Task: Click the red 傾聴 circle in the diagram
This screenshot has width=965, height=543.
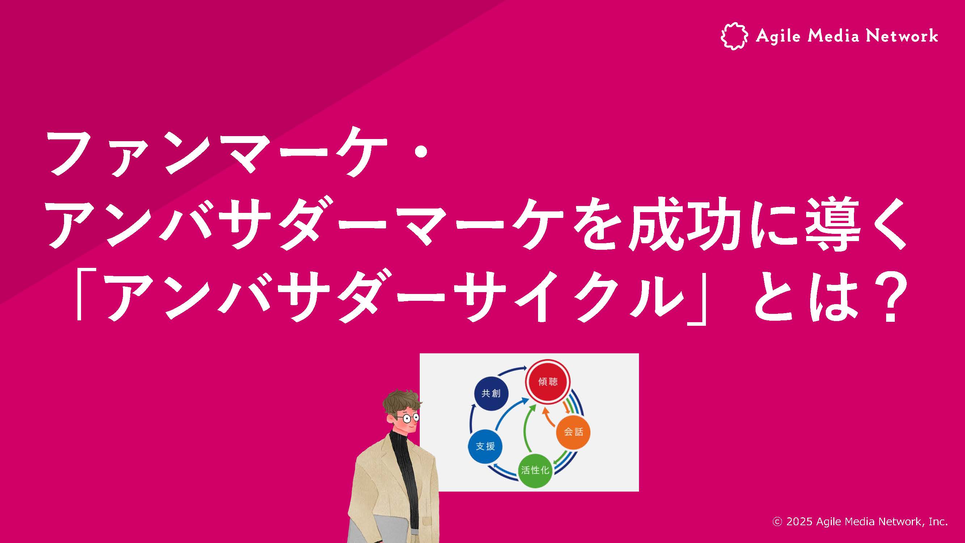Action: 548,382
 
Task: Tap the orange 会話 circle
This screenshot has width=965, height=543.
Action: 573,432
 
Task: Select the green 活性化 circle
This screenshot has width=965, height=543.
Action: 535,470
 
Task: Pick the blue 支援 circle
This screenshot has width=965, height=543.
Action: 486,446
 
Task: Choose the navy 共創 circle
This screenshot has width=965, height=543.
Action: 491,393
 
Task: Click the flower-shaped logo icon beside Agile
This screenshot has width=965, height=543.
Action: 734,36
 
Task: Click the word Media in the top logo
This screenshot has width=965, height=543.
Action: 833,36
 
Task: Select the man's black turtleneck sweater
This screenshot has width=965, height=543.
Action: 405,472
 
